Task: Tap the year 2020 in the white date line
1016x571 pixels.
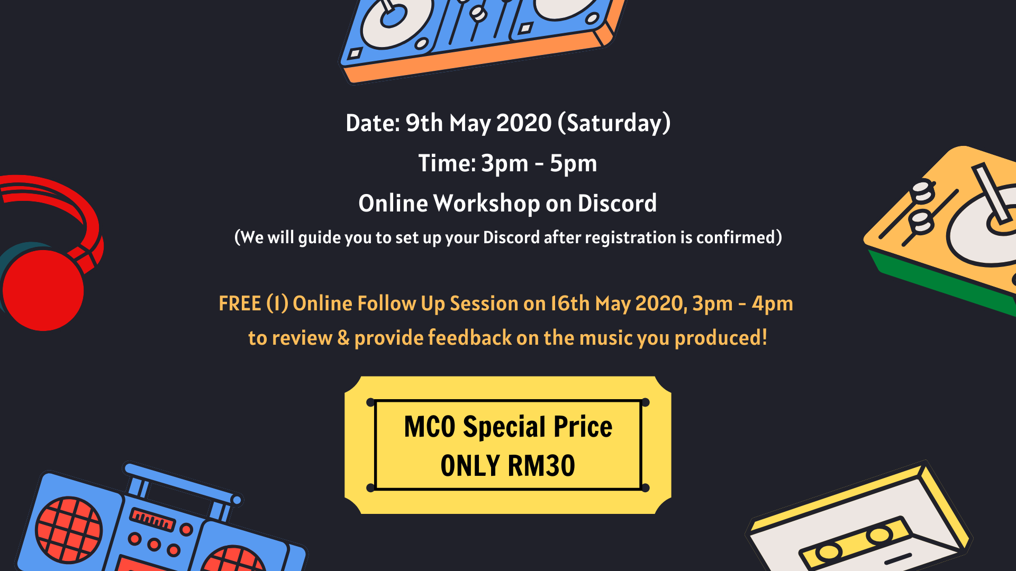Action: click(524, 123)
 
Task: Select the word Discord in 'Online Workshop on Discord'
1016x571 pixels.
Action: click(617, 203)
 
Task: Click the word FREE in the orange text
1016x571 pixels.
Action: click(240, 303)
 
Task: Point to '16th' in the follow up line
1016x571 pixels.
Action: click(570, 303)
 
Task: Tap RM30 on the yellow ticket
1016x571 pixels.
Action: click(541, 466)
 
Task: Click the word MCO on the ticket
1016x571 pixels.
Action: click(429, 427)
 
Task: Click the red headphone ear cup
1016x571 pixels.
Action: click(43, 290)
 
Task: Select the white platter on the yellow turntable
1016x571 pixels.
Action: click(984, 227)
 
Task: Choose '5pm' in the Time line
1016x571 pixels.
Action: click(573, 163)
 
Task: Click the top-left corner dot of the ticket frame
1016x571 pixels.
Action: click(370, 402)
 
